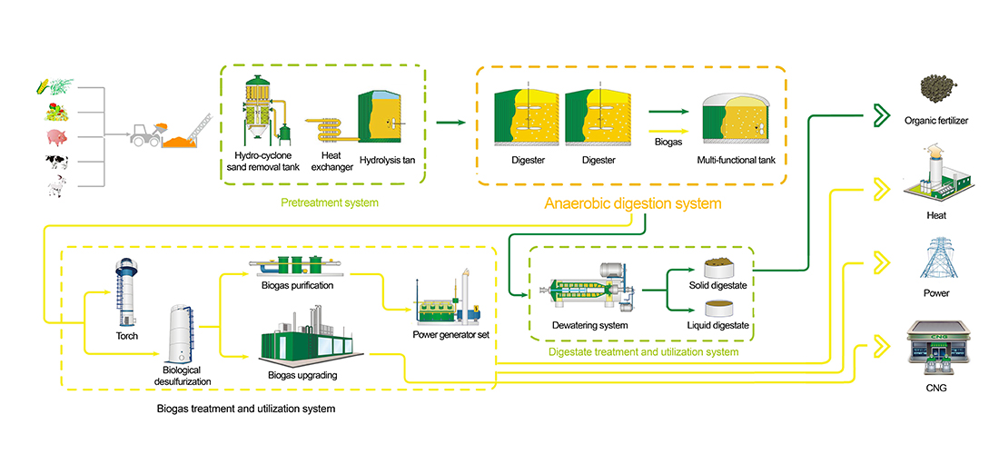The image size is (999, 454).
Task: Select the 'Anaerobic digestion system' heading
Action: (x=632, y=203)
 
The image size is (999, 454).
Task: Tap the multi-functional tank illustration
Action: (x=735, y=121)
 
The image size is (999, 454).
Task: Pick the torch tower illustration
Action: (x=126, y=292)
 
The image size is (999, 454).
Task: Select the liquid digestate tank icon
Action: (x=724, y=307)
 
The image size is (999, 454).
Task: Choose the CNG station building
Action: (x=935, y=350)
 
